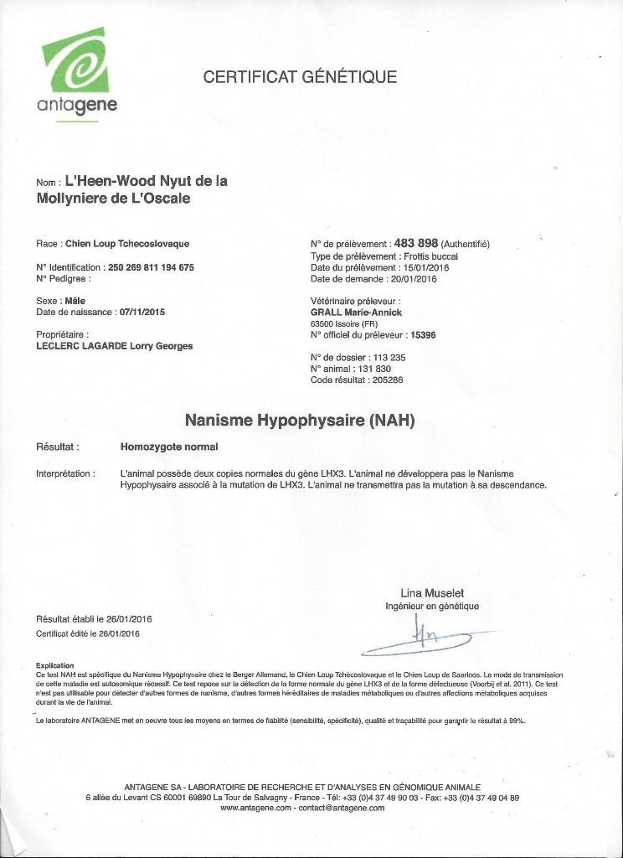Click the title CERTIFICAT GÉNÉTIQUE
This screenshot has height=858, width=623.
[300, 78]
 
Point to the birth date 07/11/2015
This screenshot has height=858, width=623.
[142, 312]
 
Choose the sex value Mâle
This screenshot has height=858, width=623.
[75, 300]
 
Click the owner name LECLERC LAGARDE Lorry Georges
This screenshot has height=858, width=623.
[115, 345]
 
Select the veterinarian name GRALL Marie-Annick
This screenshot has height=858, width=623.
[356, 313]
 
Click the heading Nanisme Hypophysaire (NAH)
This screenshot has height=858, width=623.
[300, 421]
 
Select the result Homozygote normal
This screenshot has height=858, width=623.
[169, 447]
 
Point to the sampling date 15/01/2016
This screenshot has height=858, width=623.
[421, 267]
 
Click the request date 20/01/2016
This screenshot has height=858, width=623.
[416, 278]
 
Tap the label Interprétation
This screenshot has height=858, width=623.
[65, 474]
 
